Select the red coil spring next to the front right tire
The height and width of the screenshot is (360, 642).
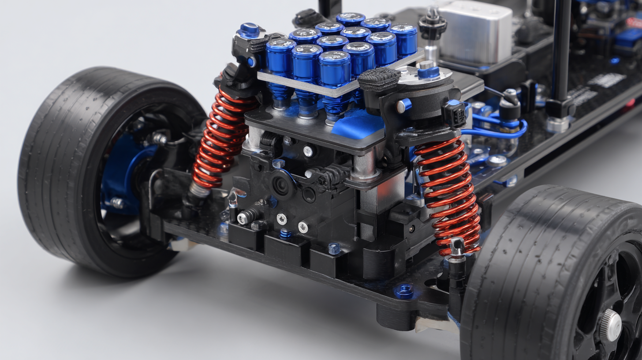click(x=450, y=194)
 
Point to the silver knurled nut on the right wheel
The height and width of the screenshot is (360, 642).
click(x=611, y=325)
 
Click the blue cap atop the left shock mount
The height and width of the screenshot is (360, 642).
click(x=249, y=30)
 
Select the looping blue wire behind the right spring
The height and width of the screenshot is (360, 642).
click(x=498, y=128)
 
